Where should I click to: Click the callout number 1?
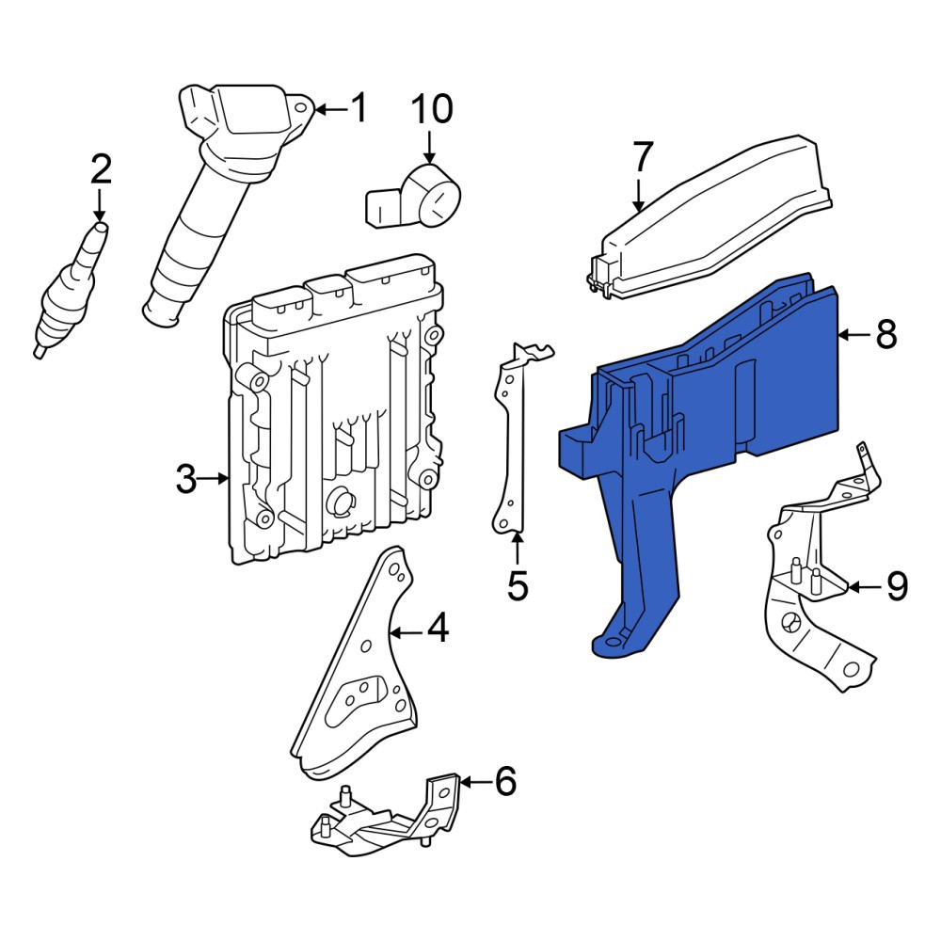pyautogui.click(x=359, y=108)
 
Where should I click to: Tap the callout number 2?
pyautogui.click(x=101, y=169)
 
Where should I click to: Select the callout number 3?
pyautogui.click(x=186, y=479)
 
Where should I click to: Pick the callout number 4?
pyautogui.click(x=438, y=628)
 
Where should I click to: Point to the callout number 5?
pyautogui.click(x=518, y=585)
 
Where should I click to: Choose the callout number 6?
pyautogui.click(x=505, y=781)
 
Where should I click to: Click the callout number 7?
pyautogui.click(x=642, y=156)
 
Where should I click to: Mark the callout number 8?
pyautogui.click(x=886, y=334)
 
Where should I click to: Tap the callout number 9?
pyautogui.click(x=897, y=585)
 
